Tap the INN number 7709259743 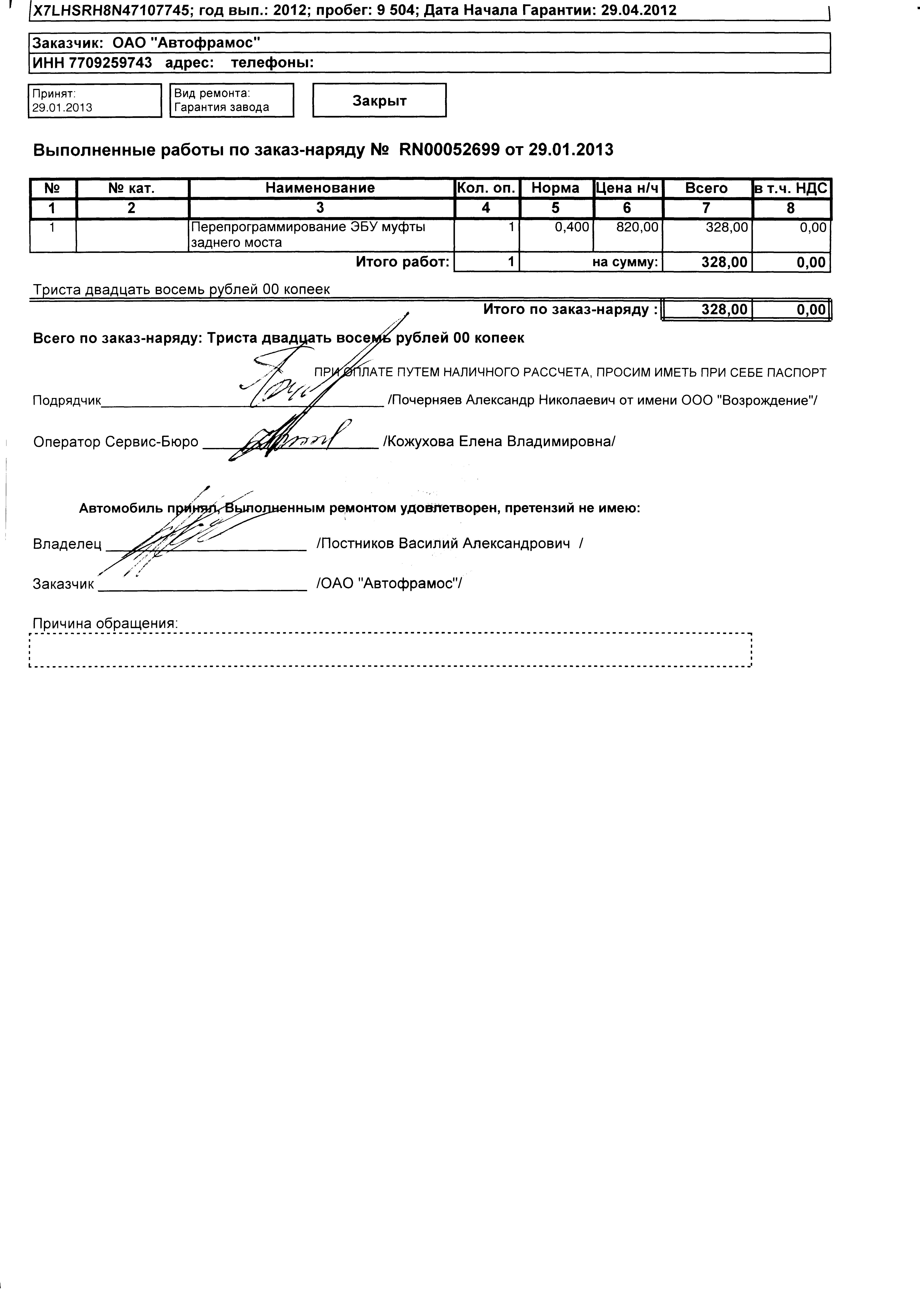(111, 63)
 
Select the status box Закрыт (379, 100)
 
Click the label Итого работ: (402, 262)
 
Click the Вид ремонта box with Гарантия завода (232, 100)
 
